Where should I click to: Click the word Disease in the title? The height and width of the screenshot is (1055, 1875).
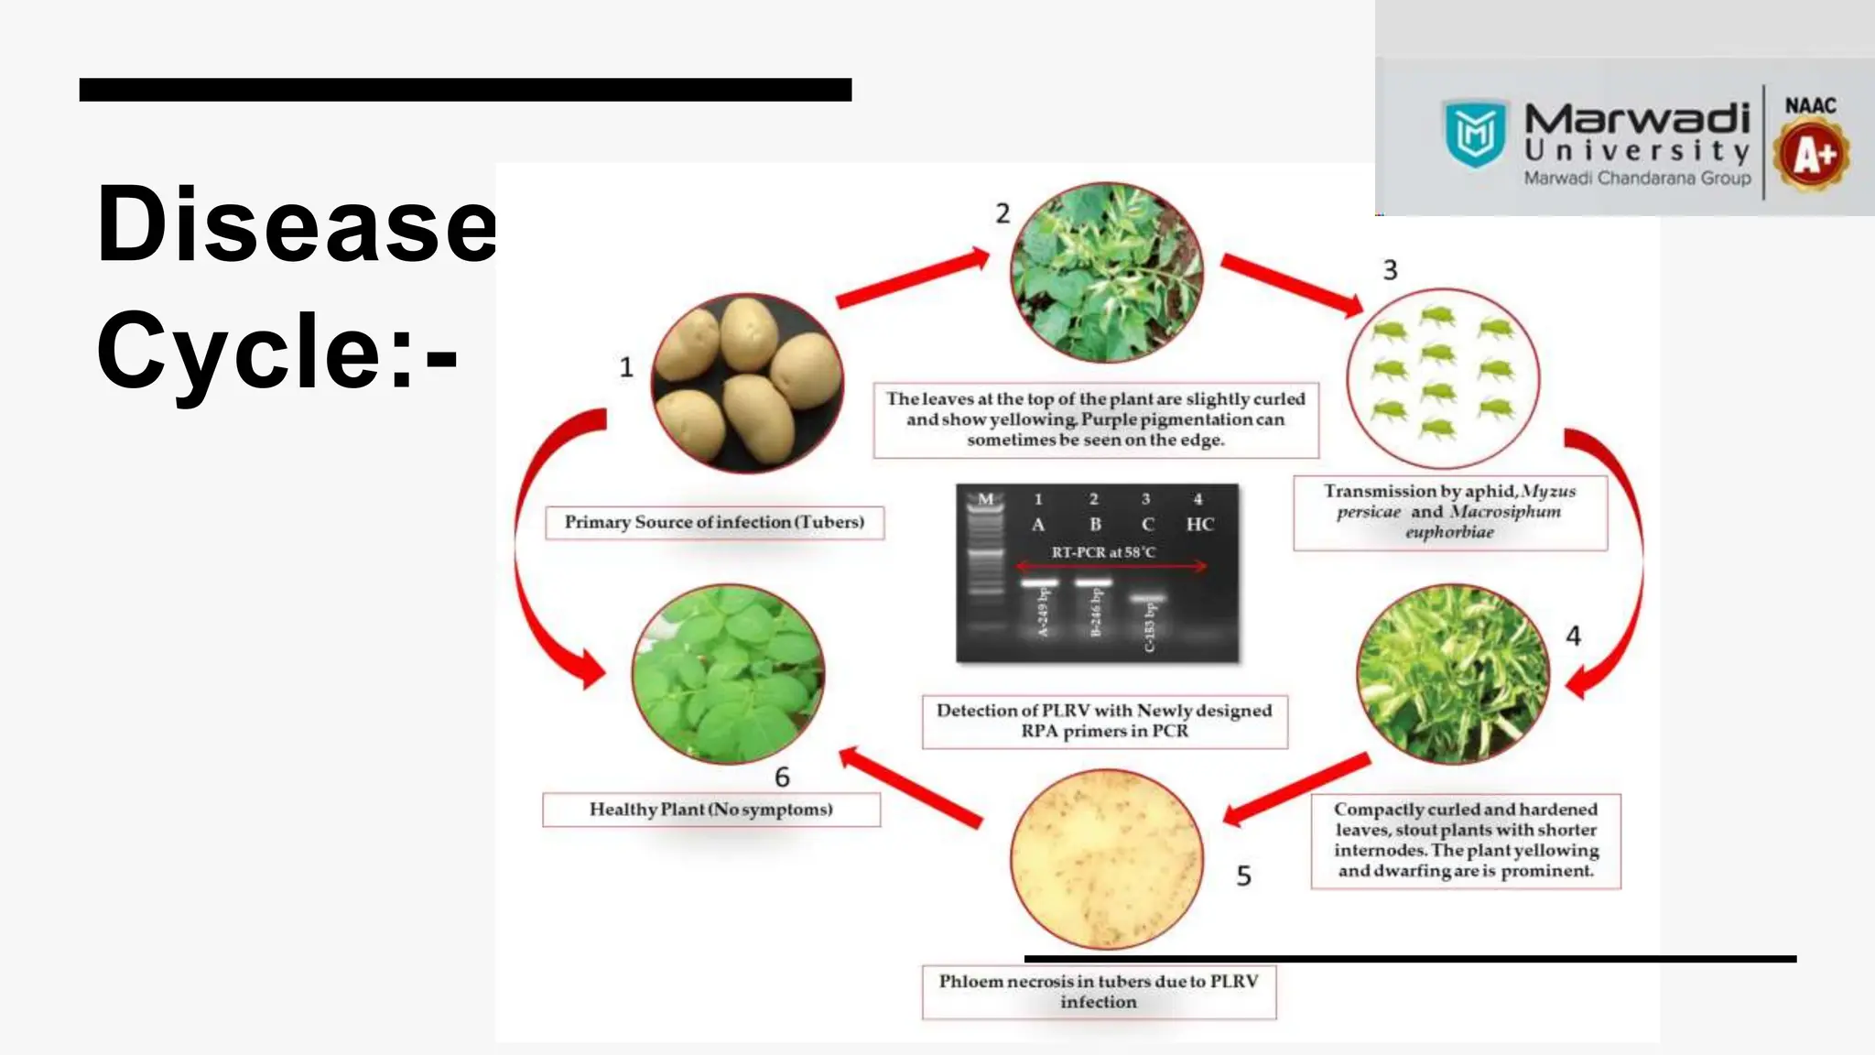(295, 225)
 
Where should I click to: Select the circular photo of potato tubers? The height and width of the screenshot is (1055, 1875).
(746, 383)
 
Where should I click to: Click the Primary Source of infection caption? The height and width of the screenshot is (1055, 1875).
(714, 522)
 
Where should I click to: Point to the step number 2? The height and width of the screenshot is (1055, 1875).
(1003, 213)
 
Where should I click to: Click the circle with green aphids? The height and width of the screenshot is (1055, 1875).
(1443, 377)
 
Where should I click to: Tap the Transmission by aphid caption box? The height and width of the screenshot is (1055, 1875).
(1449, 512)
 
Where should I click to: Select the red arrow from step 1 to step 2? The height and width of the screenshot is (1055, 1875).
(912, 278)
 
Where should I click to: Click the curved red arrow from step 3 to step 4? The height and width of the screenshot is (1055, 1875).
(1620, 559)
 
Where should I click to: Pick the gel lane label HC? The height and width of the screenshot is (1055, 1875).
(1199, 525)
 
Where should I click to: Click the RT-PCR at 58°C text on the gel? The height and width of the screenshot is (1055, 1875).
(1102, 552)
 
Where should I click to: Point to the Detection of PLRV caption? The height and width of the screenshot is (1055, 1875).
(1104, 721)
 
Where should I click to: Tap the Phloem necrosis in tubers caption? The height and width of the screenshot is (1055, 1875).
(1099, 991)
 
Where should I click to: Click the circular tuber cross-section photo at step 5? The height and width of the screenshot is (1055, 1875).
(1106, 859)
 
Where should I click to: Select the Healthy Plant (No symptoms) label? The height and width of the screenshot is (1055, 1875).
(710, 810)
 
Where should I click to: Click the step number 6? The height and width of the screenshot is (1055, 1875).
(782, 777)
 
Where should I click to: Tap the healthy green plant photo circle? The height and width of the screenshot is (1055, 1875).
(729, 674)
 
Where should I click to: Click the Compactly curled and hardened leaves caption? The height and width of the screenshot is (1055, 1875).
(1465, 840)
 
